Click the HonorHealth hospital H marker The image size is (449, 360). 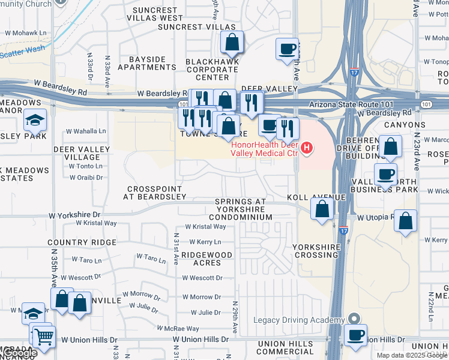(x=307, y=147)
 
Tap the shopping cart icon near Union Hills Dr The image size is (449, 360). (x=44, y=337)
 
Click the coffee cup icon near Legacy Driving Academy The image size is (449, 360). (x=357, y=334)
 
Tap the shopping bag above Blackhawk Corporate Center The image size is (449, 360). (x=232, y=43)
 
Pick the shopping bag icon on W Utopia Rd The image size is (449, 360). (x=406, y=220)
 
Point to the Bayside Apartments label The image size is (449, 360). (x=146, y=63)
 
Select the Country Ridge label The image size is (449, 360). (x=82, y=242)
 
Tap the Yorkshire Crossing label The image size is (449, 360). (x=315, y=251)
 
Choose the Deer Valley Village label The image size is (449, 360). (x=82, y=153)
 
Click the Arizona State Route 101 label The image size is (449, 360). (x=350, y=104)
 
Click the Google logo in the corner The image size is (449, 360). (x=19, y=353)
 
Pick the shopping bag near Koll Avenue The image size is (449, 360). (x=322, y=209)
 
